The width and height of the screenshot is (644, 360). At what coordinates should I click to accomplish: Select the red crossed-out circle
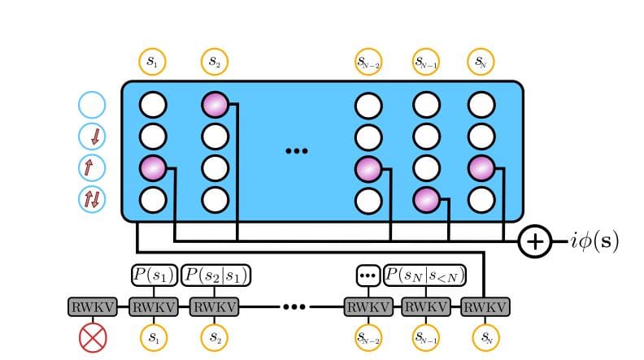tap(93, 336)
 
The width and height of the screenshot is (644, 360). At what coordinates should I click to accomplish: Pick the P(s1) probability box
tap(153, 275)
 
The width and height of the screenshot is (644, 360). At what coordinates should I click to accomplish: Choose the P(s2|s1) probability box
tap(215, 275)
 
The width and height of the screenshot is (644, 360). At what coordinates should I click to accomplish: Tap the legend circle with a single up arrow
tap(93, 167)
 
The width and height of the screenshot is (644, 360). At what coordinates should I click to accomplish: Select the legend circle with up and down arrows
tap(93, 198)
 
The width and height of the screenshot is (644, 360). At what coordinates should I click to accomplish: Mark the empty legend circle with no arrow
tap(93, 105)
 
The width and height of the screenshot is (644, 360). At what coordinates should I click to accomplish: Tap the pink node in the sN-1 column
tap(428, 198)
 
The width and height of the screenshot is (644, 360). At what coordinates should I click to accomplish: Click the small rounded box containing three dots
tap(368, 275)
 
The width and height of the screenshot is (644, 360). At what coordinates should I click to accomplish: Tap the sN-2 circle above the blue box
tap(368, 60)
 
